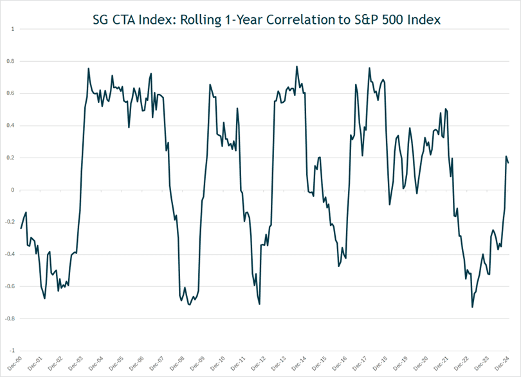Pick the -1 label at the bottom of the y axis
tap(10, 351)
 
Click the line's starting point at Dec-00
tap(21, 228)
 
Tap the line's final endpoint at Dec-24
tap(508, 163)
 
